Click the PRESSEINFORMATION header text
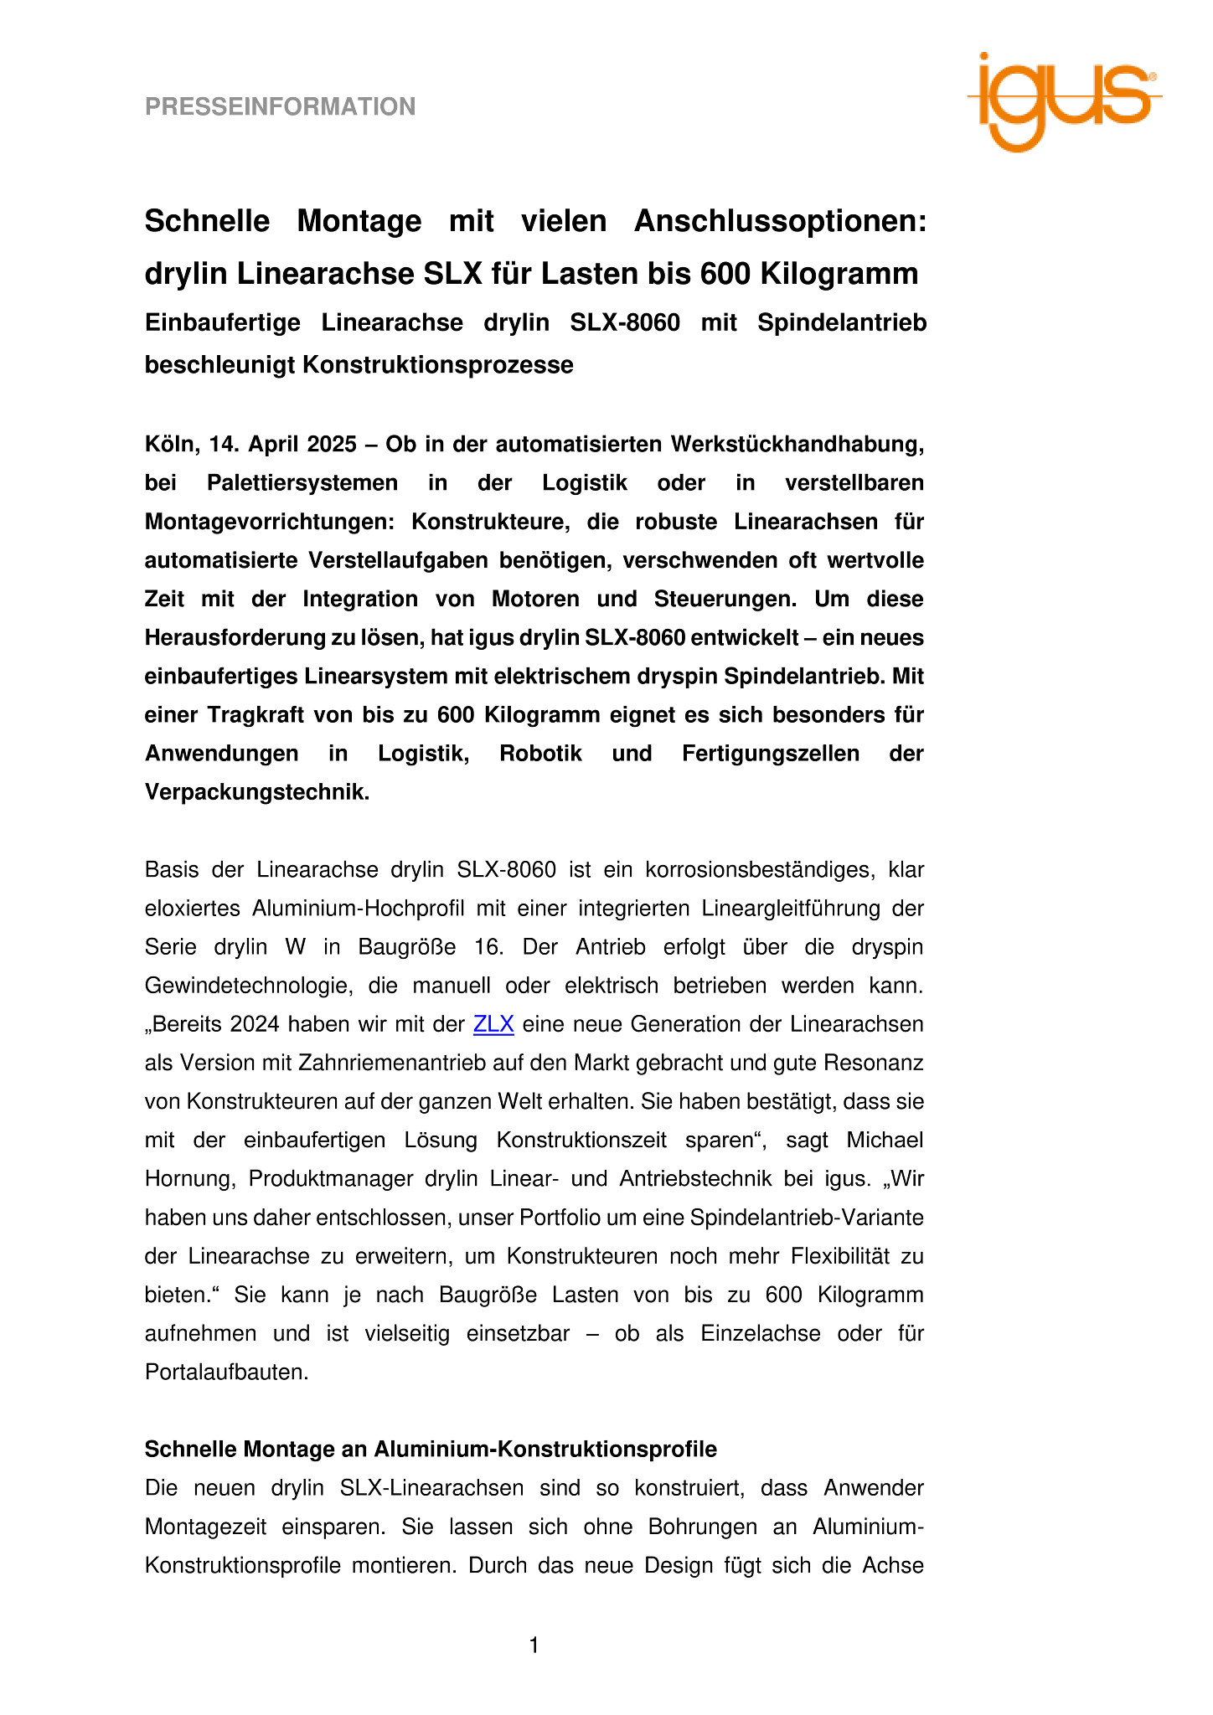pyautogui.click(x=280, y=106)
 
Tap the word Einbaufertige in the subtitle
pyautogui.click(x=222, y=323)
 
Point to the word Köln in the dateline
pyautogui.click(x=170, y=444)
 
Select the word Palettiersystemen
pyautogui.click(x=302, y=483)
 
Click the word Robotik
pyautogui.click(x=540, y=754)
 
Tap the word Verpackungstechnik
pyautogui.click(x=256, y=792)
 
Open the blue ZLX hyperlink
pyautogui.click(x=493, y=1024)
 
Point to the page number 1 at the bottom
pyautogui.click(x=534, y=1645)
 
